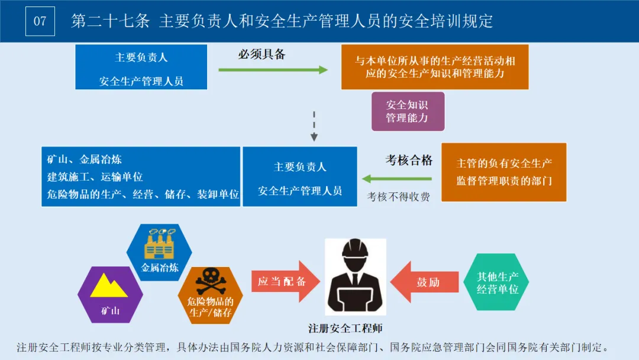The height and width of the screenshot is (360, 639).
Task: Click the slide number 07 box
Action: pyautogui.click(x=40, y=21)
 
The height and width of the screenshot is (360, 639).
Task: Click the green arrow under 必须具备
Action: pyautogui.click(x=273, y=70)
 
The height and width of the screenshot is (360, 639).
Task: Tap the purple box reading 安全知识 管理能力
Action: pyautogui.click(x=407, y=111)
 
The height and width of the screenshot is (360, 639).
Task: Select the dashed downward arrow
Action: pyautogui.click(x=314, y=126)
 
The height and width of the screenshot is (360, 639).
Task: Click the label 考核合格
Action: pyautogui.click(x=409, y=160)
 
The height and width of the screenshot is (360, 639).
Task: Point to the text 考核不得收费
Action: pyautogui.click(x=399, y=197)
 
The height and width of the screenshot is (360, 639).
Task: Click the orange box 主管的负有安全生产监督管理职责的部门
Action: pyautogui.click(x=504, y=172)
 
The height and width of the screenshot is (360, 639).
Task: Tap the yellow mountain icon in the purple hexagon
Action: pyautogui.click(x=109, y=285)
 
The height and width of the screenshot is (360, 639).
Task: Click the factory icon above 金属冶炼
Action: pyautogui.click(x=160, y=243)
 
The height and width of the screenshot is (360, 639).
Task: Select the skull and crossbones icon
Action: pyautogui.click(x=211, y=282)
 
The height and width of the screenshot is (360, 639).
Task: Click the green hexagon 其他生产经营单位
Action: pyautogui.click(x=498, y=282)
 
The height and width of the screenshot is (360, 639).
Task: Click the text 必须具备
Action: pyautogui.click(x=262, y=54)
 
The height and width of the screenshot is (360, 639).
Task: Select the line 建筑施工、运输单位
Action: pyautogui.click(x=95, y=176)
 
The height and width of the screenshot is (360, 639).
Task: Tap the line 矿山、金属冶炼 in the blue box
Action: pyautogui.click(x=85, y=159)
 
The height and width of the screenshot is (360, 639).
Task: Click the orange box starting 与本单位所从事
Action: pyautogui.click(x=435, y=67)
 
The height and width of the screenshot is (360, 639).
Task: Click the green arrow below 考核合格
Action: pyautogui.click(x=397, y=179)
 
